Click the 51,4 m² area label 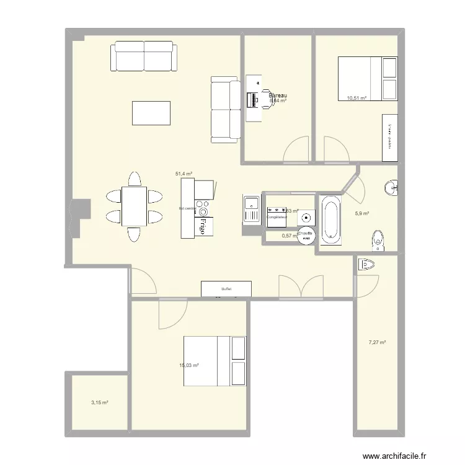(x=184, y=175)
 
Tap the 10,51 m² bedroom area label (x=356, y=97)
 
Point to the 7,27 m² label (x=377, y=342)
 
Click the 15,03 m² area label (x=189, y=366)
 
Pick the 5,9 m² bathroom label (x=362, y=214)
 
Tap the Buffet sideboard (x=226, y=289)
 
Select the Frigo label (x=202, y=228)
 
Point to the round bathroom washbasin (x=392, y=187)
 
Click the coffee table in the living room (x=151, y=113)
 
